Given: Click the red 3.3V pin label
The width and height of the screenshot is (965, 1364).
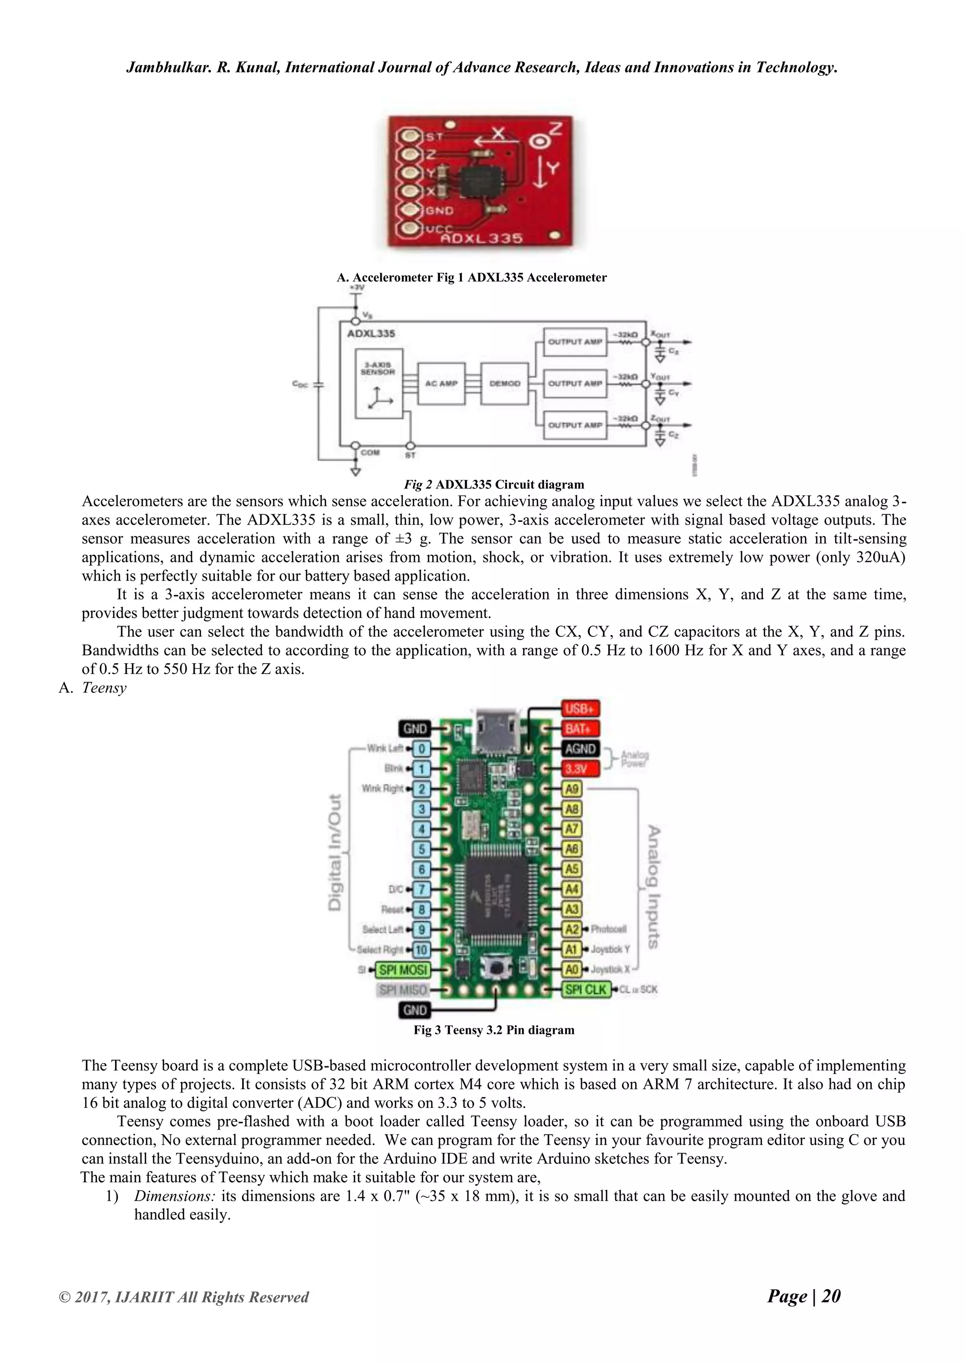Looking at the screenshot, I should (580, 769).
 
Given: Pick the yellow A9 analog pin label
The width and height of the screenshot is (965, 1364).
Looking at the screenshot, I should (572, 789).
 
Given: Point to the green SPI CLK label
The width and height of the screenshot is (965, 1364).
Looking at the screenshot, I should (586, 989).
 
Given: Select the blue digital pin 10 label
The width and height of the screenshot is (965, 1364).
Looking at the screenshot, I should (421, 950).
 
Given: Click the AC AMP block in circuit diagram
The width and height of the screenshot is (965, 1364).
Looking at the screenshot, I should (441, 384).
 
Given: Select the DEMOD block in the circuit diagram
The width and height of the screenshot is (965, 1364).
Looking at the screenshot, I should (505, 384).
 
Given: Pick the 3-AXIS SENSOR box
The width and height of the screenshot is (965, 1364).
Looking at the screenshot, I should (378, 383).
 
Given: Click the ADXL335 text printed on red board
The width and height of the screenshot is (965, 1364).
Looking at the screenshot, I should (481, 238).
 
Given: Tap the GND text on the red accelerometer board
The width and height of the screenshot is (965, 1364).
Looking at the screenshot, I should (439, 211).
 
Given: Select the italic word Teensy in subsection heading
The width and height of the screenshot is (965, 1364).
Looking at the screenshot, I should (104, 688).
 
